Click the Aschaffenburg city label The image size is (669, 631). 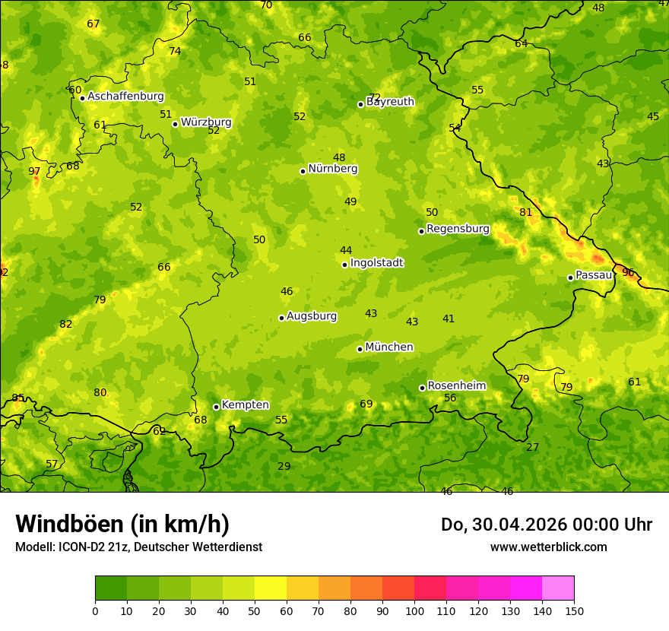tap(125, 97)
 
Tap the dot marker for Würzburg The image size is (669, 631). tap(175, 124)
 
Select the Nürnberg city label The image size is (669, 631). tap(332, 169)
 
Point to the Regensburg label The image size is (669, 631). tap(458, 229)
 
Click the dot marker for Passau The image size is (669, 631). tap(570, 277)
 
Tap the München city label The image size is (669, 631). tap(389, 347)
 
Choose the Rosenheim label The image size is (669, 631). tap(456, 386)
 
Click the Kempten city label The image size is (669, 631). tap(245, 405)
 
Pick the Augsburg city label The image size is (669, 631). tap(312, 316)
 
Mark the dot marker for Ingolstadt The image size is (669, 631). tap(344, 265)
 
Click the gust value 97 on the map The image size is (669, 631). tap(34, 172)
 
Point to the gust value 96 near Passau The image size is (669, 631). tap(628, 272)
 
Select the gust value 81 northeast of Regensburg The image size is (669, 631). tap(526, 213)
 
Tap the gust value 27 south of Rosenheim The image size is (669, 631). tap(532, 448)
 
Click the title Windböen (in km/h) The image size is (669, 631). tap(122, 525)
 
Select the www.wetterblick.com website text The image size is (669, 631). tap(548, 547)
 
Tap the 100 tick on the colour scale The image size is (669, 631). tap(414, 610)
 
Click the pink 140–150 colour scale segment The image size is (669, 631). tap(558, 588)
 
